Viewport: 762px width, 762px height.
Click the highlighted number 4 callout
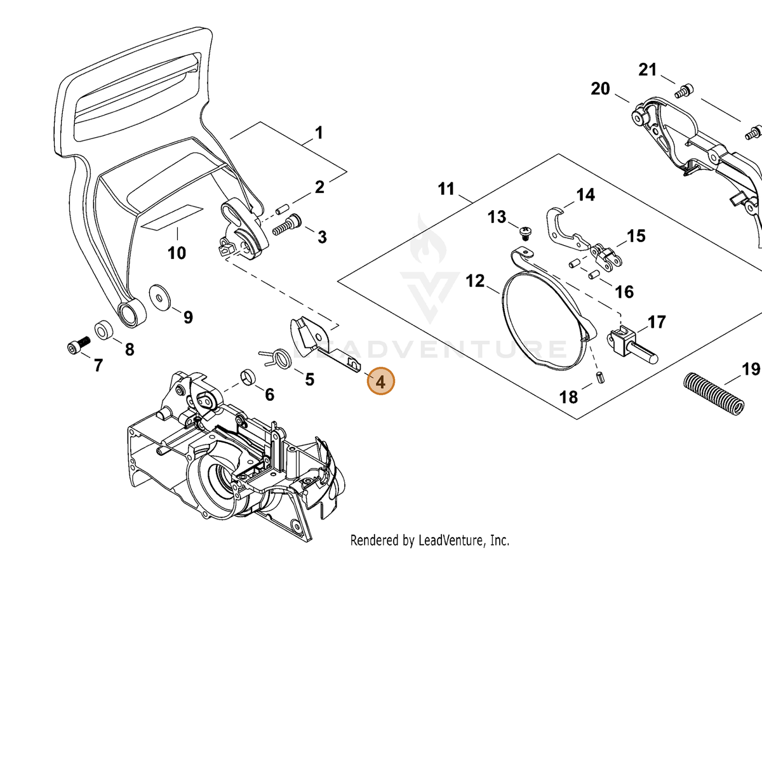coord(380,381)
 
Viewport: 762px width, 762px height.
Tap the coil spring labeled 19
coord(714,394)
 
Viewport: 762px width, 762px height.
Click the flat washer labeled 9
coord(160,296)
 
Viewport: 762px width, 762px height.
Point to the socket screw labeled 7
coord(79,345)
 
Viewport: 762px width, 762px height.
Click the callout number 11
coord(446,189)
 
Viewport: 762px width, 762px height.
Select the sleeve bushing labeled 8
coord(104,330)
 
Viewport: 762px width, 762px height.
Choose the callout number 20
coord(600,89)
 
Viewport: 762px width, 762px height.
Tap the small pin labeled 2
coord(282,208)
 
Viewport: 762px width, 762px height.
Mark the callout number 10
coord(177,253)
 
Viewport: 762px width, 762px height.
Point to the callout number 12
coord(475,281)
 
